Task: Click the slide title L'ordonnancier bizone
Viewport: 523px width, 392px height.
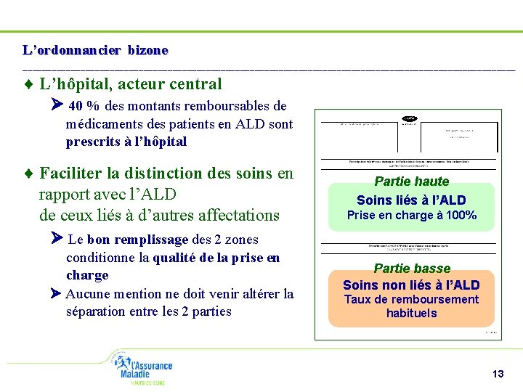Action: coord(95,51)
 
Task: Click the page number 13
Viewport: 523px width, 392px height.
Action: coord(498,374)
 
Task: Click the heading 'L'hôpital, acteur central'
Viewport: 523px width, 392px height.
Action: coord(131,85)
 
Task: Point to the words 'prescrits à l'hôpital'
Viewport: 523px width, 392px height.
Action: coord(126,142)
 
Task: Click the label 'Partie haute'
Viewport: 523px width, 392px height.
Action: coord(412,181)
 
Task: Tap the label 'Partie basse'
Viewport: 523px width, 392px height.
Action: coord(412,269)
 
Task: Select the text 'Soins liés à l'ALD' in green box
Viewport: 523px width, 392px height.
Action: coord(411,200)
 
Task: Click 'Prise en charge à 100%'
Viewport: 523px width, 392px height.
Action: coord(411,215)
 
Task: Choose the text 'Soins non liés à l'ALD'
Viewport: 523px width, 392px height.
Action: coord(411,285)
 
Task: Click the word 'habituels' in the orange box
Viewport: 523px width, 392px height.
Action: coord(411,314)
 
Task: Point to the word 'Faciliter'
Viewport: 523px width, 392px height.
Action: coord(71,173)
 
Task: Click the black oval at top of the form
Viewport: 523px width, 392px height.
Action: coord(409,118)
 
